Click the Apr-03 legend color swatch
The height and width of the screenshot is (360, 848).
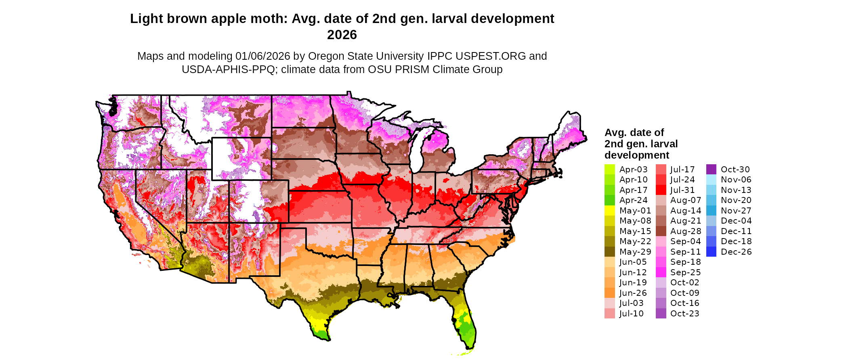pyautogui.click(x=609, y=170)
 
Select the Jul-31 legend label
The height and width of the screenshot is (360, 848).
pyautogui.click(x=682, y=190)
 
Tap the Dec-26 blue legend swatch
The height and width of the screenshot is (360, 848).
pyautogui.click(x=711, y=252)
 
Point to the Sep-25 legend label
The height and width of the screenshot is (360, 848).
pyautogui.click(x=685, y=272)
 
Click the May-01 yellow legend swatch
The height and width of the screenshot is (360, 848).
pyautogui.click(x=609, y=211)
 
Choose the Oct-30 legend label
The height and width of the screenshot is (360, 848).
pyautogui.click(x=735, y=170)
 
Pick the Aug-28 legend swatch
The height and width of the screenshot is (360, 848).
pyautogui.click(x=661, y=231)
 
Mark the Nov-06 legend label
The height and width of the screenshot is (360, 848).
pyautogui.click(x=736, y=180)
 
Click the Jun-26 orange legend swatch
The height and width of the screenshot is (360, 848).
pyautogui.click(x=609, y=293)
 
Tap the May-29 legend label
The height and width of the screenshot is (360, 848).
pyautogui.click(x=635, y=252)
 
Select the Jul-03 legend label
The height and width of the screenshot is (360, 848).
pyautogui.click(x=632, y=303)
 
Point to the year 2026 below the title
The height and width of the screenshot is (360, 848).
pyautogui.click(x=342, y=35)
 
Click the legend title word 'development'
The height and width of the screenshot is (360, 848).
pyautogui.click(x=636, y=155)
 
